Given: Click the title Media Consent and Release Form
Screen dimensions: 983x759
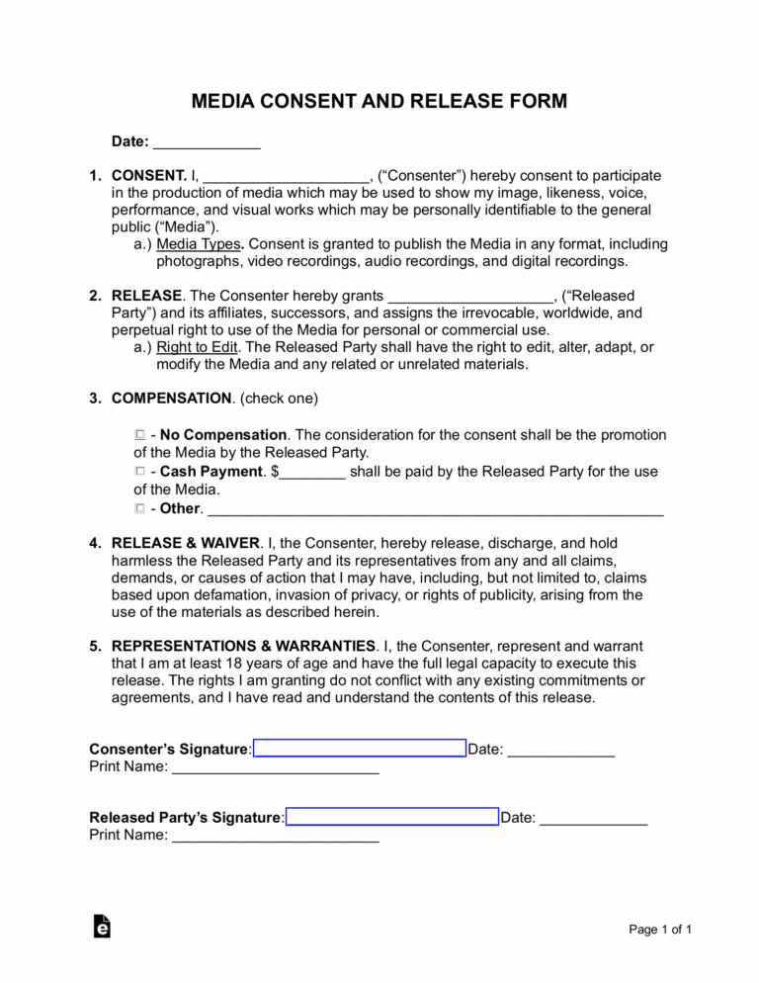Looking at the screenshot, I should tap(379, 102).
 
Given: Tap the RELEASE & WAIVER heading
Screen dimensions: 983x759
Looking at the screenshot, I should tap(186, 543).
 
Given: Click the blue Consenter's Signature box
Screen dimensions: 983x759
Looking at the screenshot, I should tap(359, 748).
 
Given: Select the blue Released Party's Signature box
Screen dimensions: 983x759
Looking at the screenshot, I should tap(391, 817).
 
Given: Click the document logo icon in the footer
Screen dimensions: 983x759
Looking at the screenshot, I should tap(101, 927).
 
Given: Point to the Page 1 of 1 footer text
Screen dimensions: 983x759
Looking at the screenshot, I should tap(660, 930).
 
